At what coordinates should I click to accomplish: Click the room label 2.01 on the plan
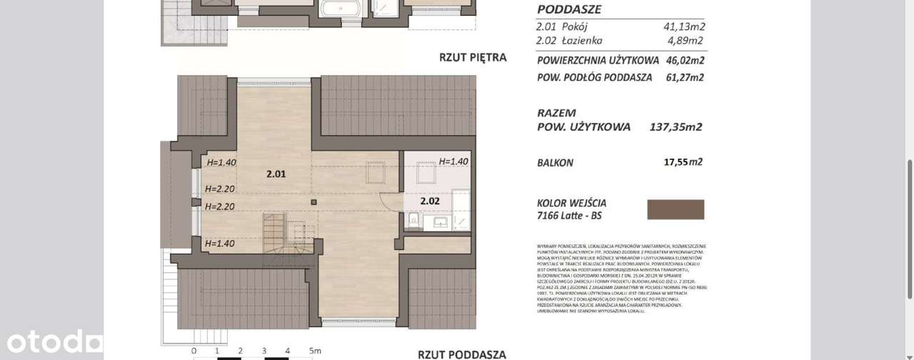point(276,174)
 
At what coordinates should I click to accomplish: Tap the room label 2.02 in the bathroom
point(430,201)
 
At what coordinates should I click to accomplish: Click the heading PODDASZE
point(568,10)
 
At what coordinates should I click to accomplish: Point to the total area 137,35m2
point(676,127)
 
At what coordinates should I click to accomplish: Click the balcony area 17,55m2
point(683,162)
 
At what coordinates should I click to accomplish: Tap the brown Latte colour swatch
point(675,209)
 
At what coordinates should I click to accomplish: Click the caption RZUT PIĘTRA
point(472,57)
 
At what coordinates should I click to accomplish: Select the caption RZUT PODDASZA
point(461,354)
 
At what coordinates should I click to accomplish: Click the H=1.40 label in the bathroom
point(453,161)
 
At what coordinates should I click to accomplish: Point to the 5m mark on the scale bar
point(314,351)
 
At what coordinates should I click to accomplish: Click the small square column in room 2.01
point(313,202)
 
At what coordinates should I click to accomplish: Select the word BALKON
point(555,163)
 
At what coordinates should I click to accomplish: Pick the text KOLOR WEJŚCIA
point(571,204)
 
